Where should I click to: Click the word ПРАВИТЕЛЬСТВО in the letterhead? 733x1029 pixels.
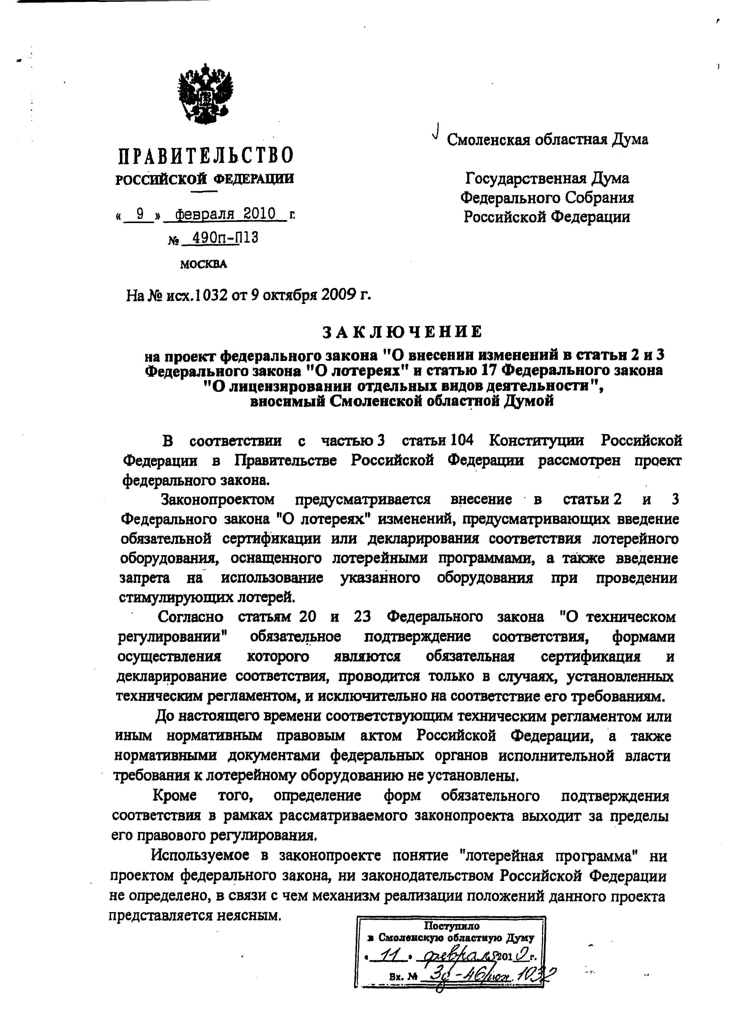click(205, 156)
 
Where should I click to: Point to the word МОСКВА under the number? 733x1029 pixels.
click(204, 264)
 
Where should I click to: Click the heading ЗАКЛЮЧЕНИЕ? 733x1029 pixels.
click(403, 332)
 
